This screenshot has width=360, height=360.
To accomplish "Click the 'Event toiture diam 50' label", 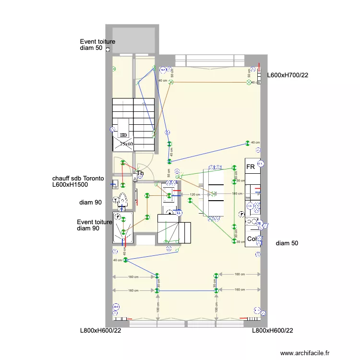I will tap(97, 45).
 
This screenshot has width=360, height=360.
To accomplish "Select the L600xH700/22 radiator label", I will tap(287, 75).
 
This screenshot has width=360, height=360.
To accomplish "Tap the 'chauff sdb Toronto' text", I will tap(78, 178).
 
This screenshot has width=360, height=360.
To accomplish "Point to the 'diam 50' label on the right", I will tap(287, 243).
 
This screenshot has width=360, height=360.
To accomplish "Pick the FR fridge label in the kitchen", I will tap(250, 167).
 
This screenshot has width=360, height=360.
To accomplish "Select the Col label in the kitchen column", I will tap(252, 239).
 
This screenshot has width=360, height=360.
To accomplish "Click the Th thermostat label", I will tap(140, 173).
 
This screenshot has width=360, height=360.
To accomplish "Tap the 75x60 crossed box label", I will tap(126, 144).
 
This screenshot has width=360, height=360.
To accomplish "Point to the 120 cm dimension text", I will tap(195, 194).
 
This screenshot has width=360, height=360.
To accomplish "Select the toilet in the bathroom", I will tap(122, 199).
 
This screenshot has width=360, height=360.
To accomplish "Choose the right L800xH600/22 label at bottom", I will tap(273, 330).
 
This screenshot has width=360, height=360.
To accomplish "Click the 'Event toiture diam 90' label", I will tap(94, 225).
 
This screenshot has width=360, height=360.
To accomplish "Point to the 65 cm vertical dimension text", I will tap(168, 172).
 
